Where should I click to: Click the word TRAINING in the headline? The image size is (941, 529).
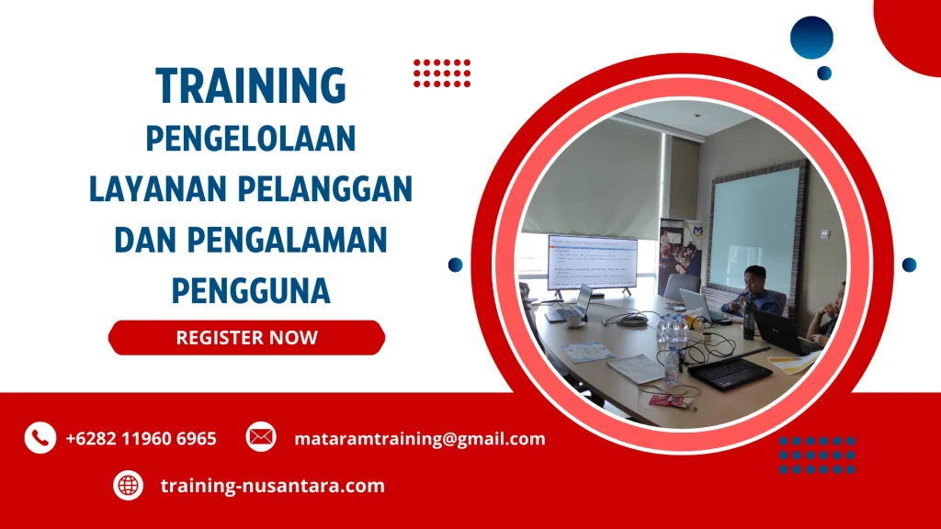coord(251,86)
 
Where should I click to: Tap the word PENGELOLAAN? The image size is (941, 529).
coord(251,141)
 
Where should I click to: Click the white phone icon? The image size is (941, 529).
coord(40,438)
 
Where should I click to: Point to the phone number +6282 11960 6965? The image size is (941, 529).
coord(141,439)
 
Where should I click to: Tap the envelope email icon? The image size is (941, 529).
coord(261,437)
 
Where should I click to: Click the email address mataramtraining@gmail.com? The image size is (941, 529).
coord(419,439)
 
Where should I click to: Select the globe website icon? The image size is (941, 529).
coord(128,485)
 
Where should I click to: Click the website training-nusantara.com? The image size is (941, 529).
coord(272,486)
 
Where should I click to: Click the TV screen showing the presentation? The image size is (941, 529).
coord(592,263)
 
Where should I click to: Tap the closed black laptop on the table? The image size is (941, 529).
coord(731,371)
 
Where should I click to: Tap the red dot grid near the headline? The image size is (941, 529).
coord(441,73)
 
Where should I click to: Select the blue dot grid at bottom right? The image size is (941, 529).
coord(816,456)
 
